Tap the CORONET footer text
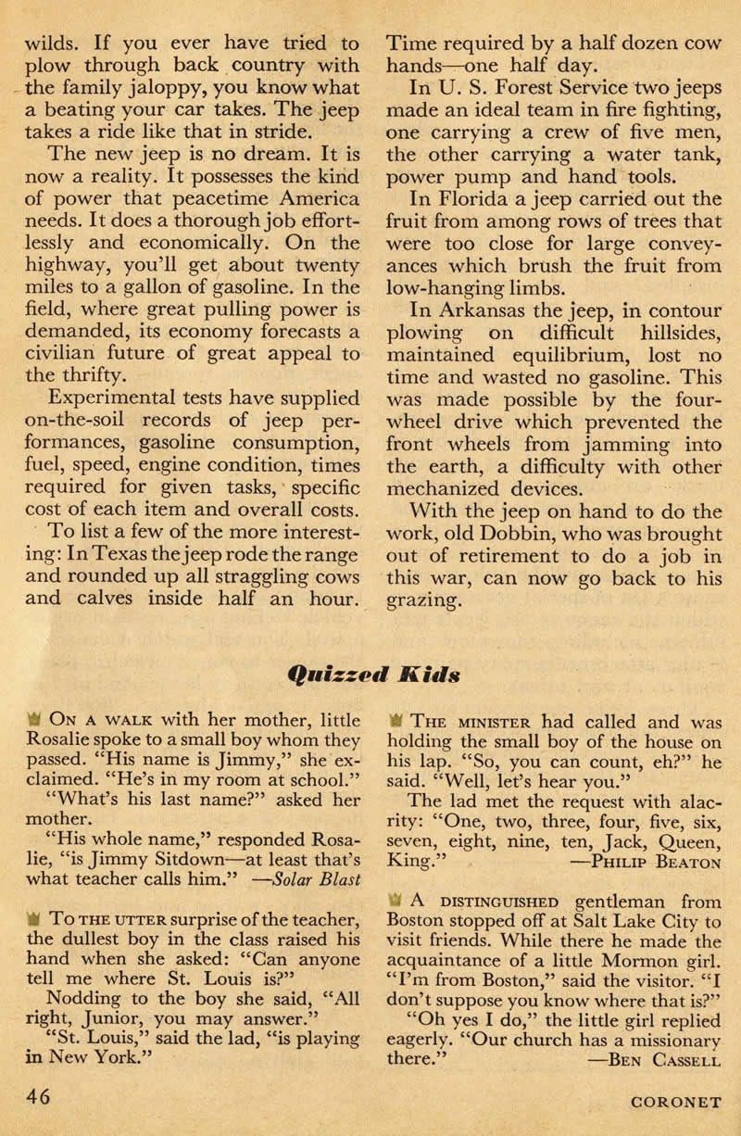point(672,1103)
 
